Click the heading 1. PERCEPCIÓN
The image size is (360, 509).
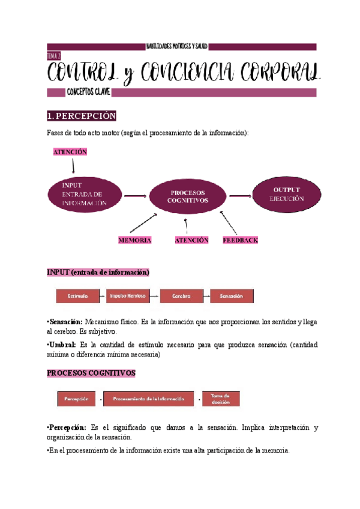click(82, 116)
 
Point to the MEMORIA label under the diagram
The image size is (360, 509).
click(134, 240)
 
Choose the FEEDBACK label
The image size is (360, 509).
click(240, 240)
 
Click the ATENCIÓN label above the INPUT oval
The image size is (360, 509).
click(70, 152)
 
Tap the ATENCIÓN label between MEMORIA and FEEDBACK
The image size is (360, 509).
click(191, 240)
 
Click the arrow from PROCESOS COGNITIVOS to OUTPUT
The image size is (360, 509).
click(240, 194)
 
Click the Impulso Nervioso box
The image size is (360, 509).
click(129, 296)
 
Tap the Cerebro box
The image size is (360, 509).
click(181, 296)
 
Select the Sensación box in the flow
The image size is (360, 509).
click(231, 296)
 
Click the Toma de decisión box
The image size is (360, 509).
click(220, 399)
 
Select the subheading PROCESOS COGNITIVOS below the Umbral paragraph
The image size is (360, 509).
click(91, 373)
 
